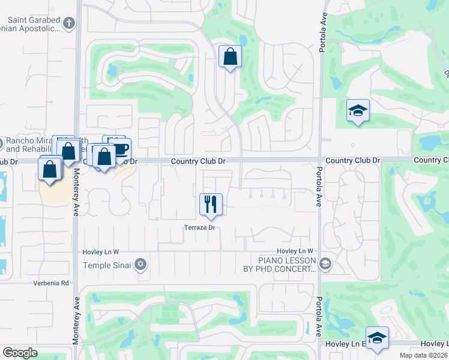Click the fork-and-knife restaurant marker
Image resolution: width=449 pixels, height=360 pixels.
[211, 205]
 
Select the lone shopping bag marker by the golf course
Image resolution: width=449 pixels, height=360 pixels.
[230, 57]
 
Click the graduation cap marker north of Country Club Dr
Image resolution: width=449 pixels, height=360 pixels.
[358, 110]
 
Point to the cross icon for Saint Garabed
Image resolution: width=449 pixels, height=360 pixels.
[69, 23]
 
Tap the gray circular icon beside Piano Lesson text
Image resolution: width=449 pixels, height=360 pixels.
[325, 263]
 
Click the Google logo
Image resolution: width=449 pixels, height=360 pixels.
[20, 353]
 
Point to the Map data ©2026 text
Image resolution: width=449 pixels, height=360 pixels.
[423, 355]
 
